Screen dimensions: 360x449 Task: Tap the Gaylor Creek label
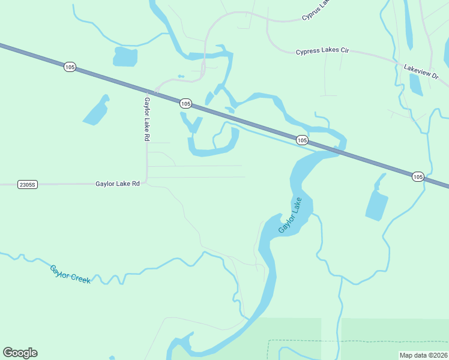point(70,274)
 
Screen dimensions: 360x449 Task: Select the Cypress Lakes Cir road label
point(322,52)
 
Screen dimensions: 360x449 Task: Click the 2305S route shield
point(28,185)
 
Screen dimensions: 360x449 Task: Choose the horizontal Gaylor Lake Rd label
point(117,184)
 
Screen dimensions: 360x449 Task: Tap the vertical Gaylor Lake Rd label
point(146,119)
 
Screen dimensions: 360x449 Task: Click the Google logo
point(20,353)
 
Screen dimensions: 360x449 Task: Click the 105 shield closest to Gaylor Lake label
point(302,140)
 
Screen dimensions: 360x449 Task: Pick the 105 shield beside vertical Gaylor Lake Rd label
point(185,104)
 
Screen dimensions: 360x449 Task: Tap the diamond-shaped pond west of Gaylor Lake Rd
point(96,111)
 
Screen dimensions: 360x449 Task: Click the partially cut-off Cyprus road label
point(316,10)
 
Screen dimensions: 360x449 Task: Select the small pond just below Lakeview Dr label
point(416,85)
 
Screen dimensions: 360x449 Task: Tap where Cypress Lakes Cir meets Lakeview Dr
point(396,62)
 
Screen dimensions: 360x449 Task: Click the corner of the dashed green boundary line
point(268,341)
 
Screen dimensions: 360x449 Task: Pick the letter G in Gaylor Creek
point(53,268)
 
